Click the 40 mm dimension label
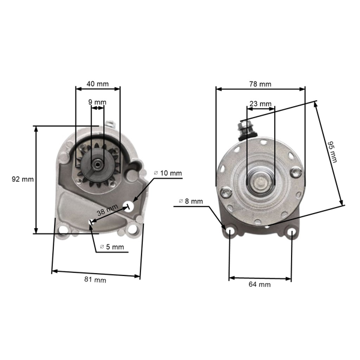(x=97, y=83)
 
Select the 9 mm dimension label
(x=97, y=102)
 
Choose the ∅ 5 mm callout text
(x=112, y=247)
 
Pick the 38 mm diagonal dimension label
(x=109, y=211)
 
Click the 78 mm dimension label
(x=260, y=83)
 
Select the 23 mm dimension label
(x=260, y=104)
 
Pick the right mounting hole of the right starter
(x=291, y=232)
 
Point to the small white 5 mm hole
(x=91, y=223)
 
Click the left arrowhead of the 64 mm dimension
(x=231, y=278)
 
